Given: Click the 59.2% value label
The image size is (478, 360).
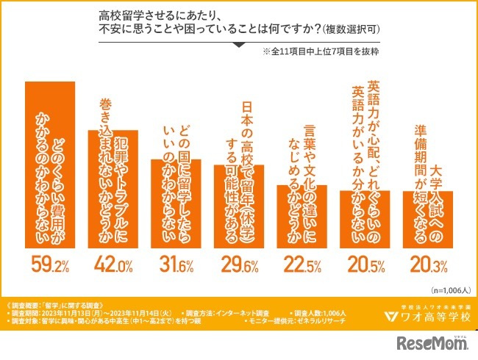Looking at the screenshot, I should [x=50, y=262].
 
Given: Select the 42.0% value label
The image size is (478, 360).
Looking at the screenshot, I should [x=113, y=262].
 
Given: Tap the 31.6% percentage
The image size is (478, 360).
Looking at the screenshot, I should [x=175, y=262].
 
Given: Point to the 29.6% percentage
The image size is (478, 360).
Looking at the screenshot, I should [x=238, y=262].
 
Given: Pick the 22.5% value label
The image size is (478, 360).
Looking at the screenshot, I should [x=302, y=262].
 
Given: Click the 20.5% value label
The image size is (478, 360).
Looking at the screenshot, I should [x=364, y=262].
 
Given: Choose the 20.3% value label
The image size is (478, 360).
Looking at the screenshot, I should [x=427, y=262].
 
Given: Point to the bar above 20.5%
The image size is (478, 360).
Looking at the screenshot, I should [x=364, y=220].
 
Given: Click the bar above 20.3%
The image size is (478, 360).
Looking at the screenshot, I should [x=427, y=220].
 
